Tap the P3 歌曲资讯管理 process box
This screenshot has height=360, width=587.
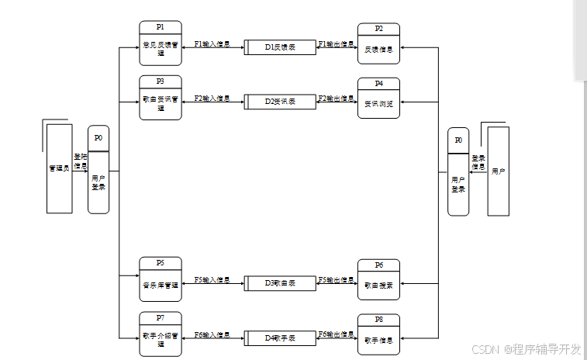pos(161,98)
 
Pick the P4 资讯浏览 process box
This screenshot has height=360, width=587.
pos(378,98)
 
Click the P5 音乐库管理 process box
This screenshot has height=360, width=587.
pos(161,279)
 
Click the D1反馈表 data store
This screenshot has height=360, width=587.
pos(280,47)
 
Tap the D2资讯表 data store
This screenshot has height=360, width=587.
pos(280,102)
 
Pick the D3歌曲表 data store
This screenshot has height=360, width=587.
pos(280,283)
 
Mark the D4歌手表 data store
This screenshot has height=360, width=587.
pos(280,337)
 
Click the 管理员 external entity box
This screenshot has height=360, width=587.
pos(59,168)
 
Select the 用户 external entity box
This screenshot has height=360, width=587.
pos(498,171)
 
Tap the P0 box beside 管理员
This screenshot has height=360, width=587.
pos(98,170)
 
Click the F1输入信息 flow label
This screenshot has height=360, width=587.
pos(212,43)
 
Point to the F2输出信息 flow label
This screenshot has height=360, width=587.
pos(336,99)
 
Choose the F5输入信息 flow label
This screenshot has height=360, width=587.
pos(212,279)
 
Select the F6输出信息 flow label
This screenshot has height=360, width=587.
pos(336,334)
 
